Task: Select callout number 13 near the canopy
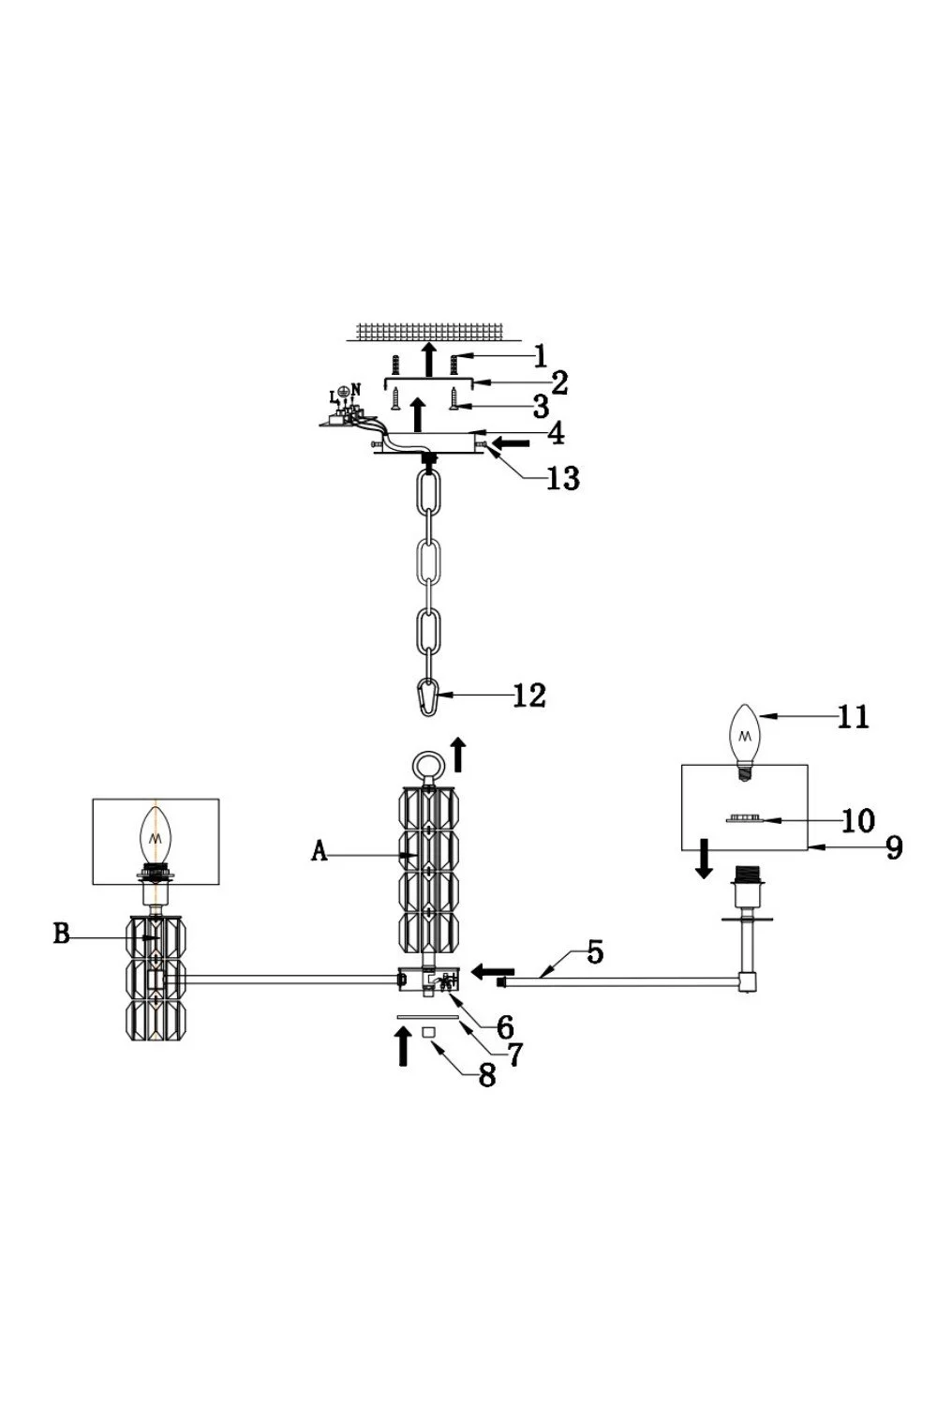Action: tap(563, 478)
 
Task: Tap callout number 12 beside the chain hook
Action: tap(529, 696)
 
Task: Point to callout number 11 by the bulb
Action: tap(854, 716)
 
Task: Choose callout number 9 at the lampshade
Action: tap(894, 846)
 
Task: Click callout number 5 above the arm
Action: tap(595, 952)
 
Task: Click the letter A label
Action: tap(320, 852)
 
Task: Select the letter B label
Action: tap(61, 935)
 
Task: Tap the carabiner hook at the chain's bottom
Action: tap(427, 696)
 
